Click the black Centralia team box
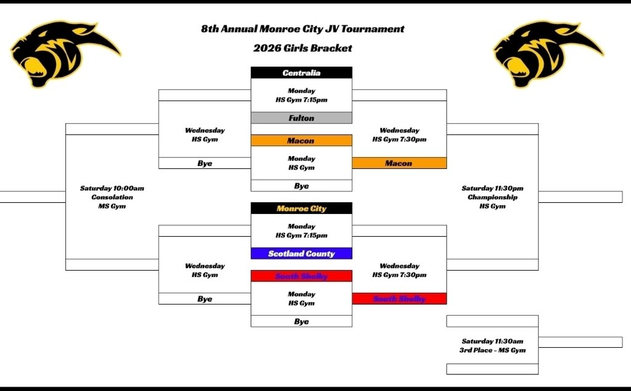pyautogui.click(x=301, y=73)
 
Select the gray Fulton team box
pyautogui.click(x=301, y=118)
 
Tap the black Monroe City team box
pyautogui.click(x=301, y=208)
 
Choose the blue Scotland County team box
pyautogui.click(x=301, y=253)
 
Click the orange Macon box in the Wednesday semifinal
pyautogui.click(x=399, y=163)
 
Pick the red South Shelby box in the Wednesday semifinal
pyautogui.click(x=399, y=299)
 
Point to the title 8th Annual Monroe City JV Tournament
pyautogui.click(x=303, y=29)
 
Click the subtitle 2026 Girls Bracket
pyautogui.click(x=303, y=48)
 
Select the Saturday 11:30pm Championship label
pyautogui.click(x=492, y=197)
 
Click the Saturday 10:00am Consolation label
pyautogui.click(x=112, y=197)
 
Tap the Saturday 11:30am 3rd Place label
pyautogui.click(x=492, y=346)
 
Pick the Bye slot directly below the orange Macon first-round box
pyautogui.click(x=301, y=186)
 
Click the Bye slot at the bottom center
pyautogui.click(x=301, y=321)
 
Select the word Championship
pyautogui.click(x=492, y=197)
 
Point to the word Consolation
pyautogui.click(x=112, y=197)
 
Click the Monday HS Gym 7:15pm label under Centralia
pyautogui.click(x=301, y=95)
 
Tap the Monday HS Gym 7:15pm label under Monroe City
pyautogui.click(x=301, y=231)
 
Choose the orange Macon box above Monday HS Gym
pyautogui.click(x=301, y=141)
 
